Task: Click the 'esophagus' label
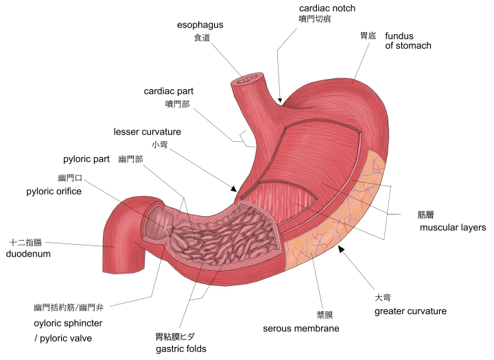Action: (x=200, y=25)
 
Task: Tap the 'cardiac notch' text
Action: (x=327, y=8)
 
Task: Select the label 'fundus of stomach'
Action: (x=408, y=40)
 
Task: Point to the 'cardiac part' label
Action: (x=169, y=91)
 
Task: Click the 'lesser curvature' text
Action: (x=148, y=132)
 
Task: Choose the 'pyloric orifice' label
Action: (x=54, y=191)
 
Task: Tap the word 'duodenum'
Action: (x=28, y=254)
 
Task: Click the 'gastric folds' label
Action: (x=181, y=349)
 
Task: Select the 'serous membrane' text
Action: (x=301, y=328)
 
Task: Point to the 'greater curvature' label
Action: (x=410, y=311)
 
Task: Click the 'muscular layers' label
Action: (x=453, y=228)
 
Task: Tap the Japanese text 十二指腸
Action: (x=25, y=243)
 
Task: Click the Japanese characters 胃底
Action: (x=368, y=36)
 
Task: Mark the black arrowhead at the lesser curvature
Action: (x=233, y=189)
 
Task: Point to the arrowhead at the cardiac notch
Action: (x=280, y=101)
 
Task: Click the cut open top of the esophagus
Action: (x=247, y=78)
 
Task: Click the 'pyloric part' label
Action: (x=86, y=159)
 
